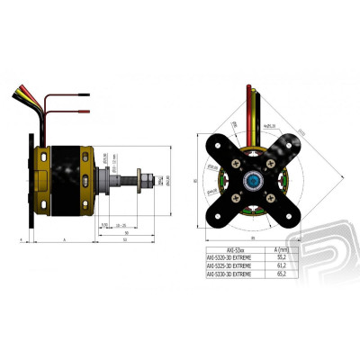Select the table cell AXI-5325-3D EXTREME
point(229,266)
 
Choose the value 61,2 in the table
point(291,266)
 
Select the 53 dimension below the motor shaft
point(122,239)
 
